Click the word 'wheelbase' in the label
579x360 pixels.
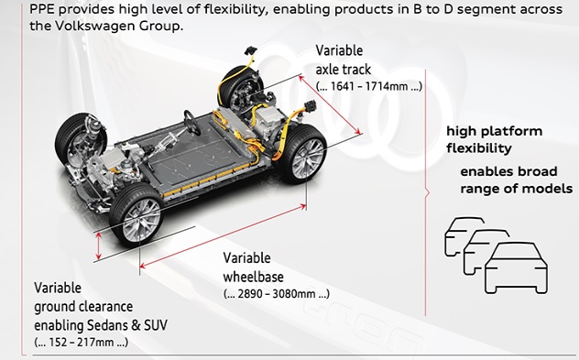coord(253,277)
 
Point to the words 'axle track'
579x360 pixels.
coord(343,69)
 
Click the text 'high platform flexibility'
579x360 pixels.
coord(494,139)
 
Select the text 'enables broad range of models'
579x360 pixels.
coord(516,180)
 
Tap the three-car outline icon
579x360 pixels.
coord(497,256)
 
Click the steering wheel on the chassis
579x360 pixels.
coord(192,123)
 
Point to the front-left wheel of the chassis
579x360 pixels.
coord(80,139)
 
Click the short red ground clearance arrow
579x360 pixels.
coord(98,246)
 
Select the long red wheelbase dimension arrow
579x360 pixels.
coord(223,236)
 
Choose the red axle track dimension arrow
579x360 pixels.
coord(330,104)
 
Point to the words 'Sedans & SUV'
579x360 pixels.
coord(127,325)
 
